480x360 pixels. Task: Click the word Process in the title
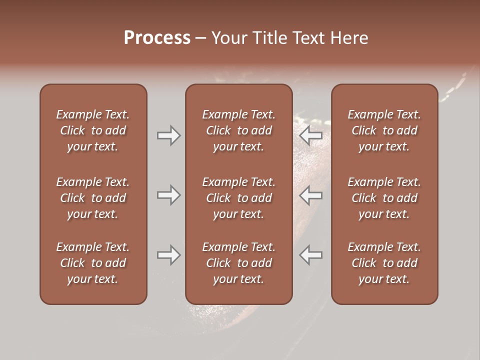(x=157, y=37)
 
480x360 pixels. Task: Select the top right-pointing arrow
(x=168, y=135)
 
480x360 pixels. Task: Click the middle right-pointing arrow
(x=168, y=195)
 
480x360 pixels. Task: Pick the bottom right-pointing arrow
(x=168, y=255)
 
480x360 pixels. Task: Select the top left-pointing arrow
(x=311, y=135)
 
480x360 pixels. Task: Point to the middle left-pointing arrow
(x=311, y=195)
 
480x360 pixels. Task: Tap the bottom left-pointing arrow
(x=311, y=255)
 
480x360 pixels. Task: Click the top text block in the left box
(x=93, y=130)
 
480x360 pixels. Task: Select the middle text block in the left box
(x=93, y=198)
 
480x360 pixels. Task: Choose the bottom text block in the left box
(x=93, y=263)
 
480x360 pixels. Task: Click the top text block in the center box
(x=239, y=130)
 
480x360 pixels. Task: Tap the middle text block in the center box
(x=239, y=198)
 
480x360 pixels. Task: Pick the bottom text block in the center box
(x=239, y=263)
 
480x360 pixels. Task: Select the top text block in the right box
(x=384, y=130)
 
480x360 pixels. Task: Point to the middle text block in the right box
(x=384, y=198)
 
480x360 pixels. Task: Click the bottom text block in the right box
(x=384, y=263)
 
